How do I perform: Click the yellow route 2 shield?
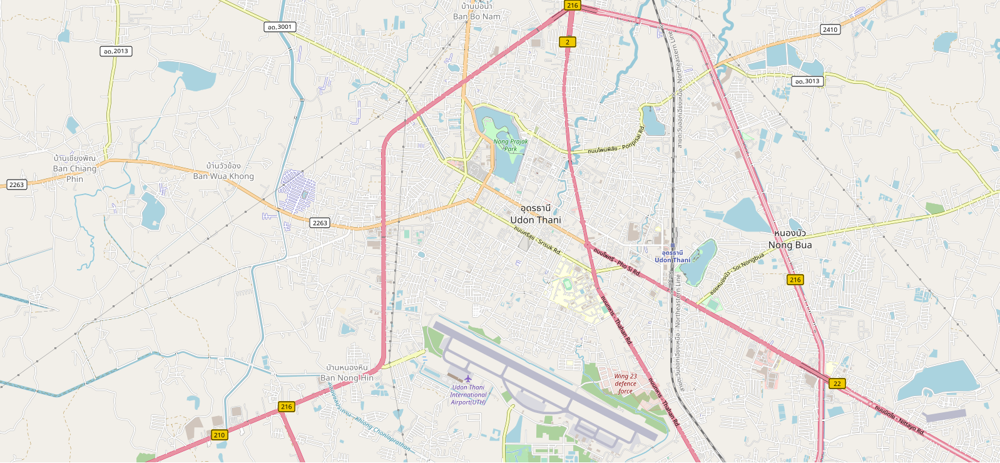coord(568,42)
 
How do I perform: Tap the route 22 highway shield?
coord(837,384)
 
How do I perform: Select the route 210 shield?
coord(219,435)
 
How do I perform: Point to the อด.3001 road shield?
coord(279,27)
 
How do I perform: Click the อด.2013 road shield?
coord(116,51)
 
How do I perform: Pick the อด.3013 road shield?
coord(807,81)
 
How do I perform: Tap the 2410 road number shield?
coord(830,29)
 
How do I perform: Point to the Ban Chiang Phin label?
coord(74,168)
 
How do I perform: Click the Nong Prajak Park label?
coord(511,145)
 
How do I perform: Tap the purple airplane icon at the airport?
coord(468,378)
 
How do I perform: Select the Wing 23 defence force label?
coord(625,384)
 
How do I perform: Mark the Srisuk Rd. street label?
coord(538,240)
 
